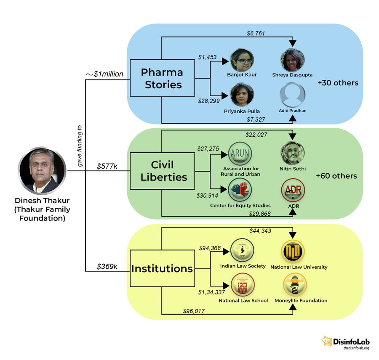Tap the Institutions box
[162, 268]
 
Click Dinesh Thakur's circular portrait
[42, 170]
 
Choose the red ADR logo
[293, 191]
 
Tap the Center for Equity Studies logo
[240, 190]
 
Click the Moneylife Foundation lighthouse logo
[295, 285]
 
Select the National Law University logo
[294, 251]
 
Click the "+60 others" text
[336, 176]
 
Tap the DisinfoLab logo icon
[327, 341]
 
